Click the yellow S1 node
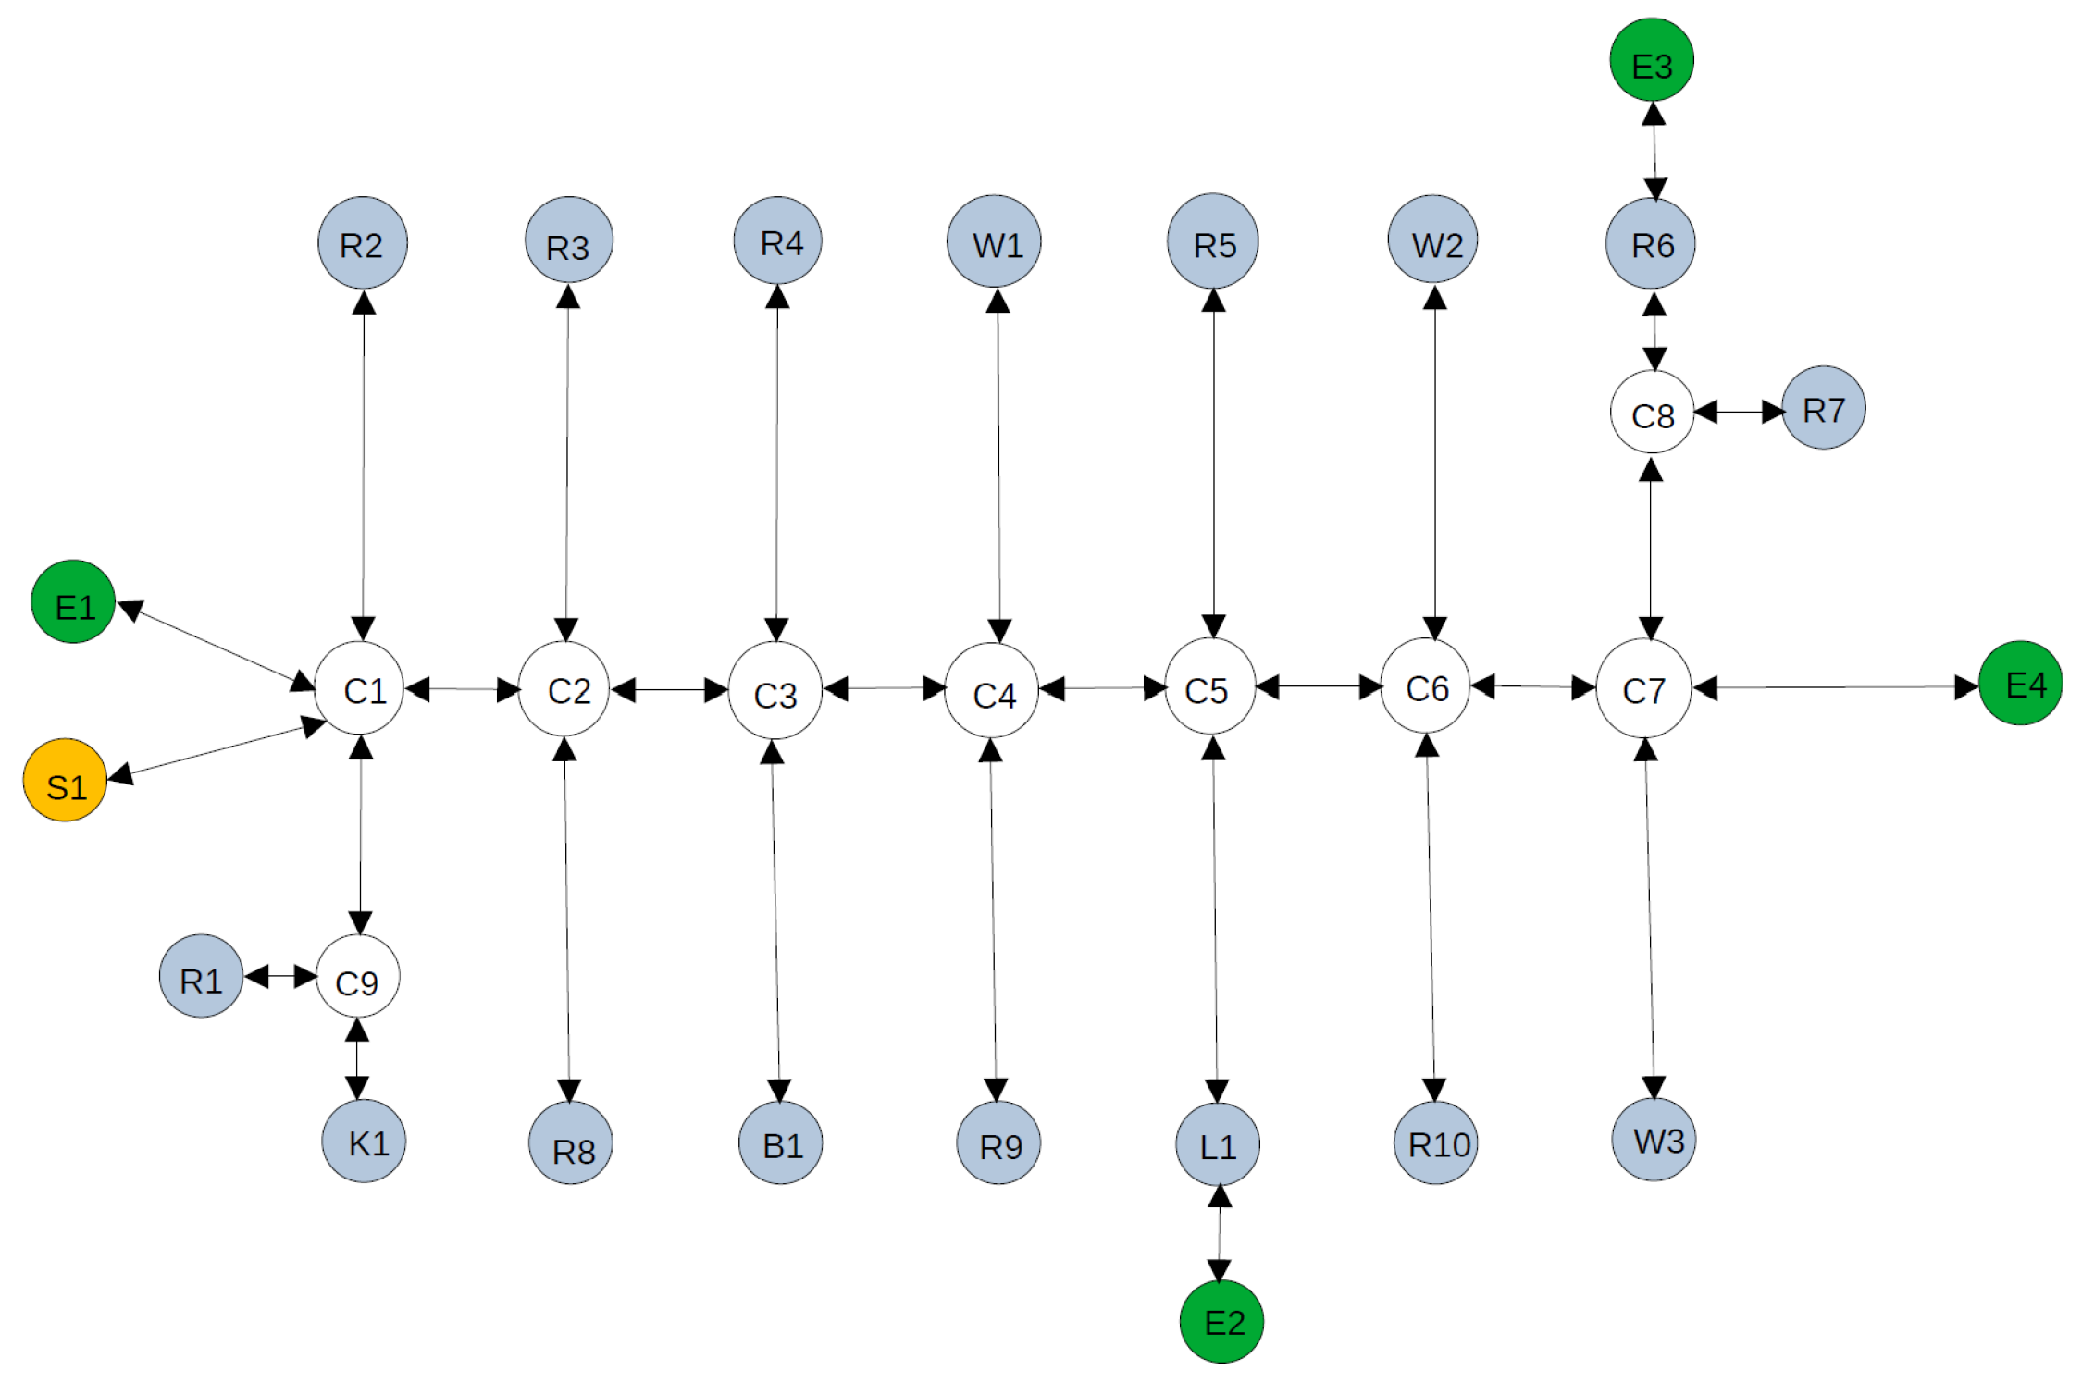[65, 780]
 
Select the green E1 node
[73, 601]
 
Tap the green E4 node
[2020, 683]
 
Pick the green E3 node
[1652, 60]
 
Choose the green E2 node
[1221, 1321]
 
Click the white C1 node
[360, 689]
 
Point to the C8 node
[1652, 413]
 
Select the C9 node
[358, 977]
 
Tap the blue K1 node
[364, 1141]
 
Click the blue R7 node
[1823, 408]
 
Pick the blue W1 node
[994, 241]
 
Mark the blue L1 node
[1218, 1144]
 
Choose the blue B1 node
[780, 1143]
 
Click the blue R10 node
[1435, 1142]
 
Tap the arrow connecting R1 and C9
[280, 976]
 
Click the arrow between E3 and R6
[1654, 152]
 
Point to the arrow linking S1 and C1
[217, 749]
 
